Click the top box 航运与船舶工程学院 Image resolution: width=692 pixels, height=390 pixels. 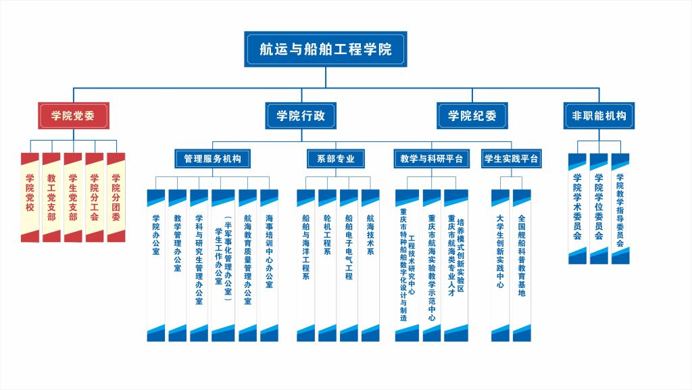(325, 49)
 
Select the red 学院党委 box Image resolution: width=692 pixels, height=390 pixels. (73, 116)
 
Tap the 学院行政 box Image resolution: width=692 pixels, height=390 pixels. (301, 116)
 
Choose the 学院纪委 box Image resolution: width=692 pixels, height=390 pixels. (472, 116)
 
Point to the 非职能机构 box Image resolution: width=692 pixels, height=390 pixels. (599, 116)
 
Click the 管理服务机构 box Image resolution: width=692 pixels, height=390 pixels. (212, 159)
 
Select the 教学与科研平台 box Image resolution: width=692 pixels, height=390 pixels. (431, 159)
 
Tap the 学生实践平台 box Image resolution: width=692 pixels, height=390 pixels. (512, 159)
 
